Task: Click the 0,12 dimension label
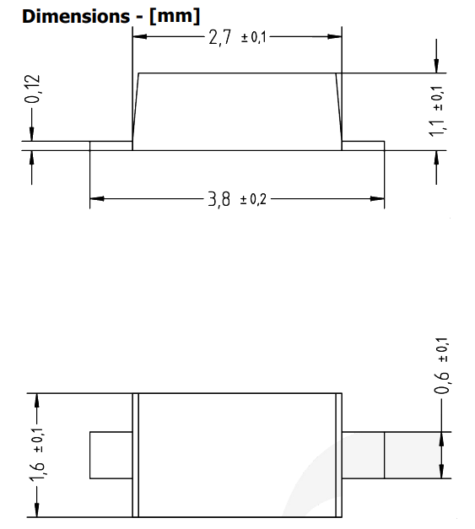(x=32, y=89)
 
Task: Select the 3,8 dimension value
(x=220, y=200)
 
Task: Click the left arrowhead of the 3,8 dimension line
(x=96, y=200)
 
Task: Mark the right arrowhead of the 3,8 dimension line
(x=378, y=200)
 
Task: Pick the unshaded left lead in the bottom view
(x=111, y=455)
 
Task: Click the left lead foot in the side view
(x=111, y=146)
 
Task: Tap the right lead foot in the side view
(x=363, y=146)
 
